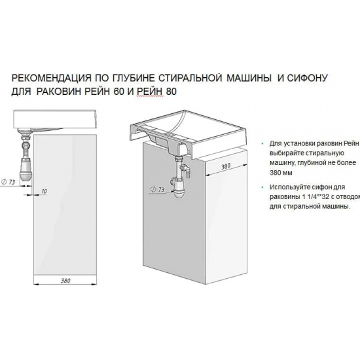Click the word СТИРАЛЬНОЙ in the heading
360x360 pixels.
(x=204, y=79)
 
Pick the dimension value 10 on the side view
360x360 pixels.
(x=43, y=191)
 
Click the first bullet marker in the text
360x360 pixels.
(x=262, y=143)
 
